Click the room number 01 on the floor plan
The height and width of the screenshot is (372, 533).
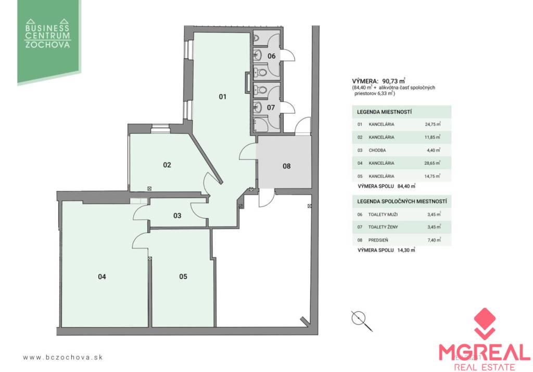(x=222, y=97)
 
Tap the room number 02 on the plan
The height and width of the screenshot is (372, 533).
(x=167, y=165)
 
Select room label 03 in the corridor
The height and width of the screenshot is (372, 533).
(x=177, y=216)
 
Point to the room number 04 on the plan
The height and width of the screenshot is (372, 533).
(x=102, y=276)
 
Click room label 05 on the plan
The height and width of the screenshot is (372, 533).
(x=183, y=276)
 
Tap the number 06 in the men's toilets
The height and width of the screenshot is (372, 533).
(x=271, y=56)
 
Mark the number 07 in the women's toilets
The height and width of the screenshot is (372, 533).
(x=271, y=108)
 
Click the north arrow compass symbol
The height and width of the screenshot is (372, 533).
(x=361, y=321)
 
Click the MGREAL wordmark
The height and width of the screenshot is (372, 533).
(x=484, y=352)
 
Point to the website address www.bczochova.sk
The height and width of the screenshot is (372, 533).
(x=63, y=357)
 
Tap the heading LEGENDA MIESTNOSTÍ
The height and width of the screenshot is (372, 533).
(x=384, y=112)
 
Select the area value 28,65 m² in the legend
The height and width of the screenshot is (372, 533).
(x=433, y=163)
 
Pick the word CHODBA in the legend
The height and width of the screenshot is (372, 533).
(x=377, y=150)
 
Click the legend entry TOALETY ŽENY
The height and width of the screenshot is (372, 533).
(x=383, y=227)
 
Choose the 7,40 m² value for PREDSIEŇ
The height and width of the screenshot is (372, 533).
(x=434, y=240)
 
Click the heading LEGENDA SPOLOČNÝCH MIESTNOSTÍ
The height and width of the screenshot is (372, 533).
(x=402, y=202)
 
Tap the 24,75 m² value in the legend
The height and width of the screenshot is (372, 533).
(x=433, y=124)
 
